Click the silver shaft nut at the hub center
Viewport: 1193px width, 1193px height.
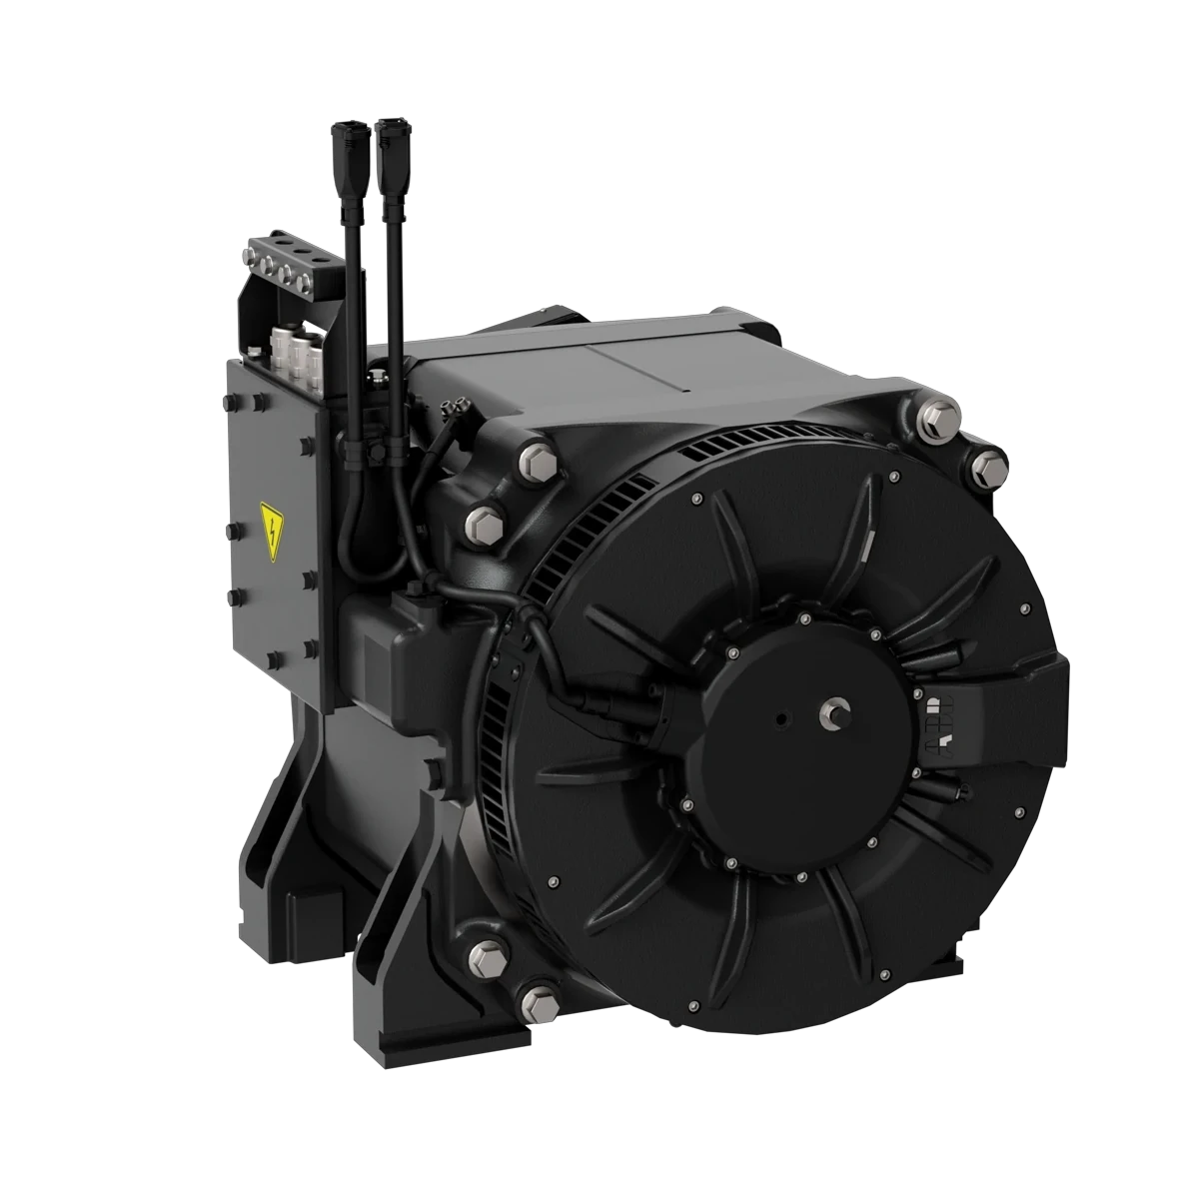coord(831,712)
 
